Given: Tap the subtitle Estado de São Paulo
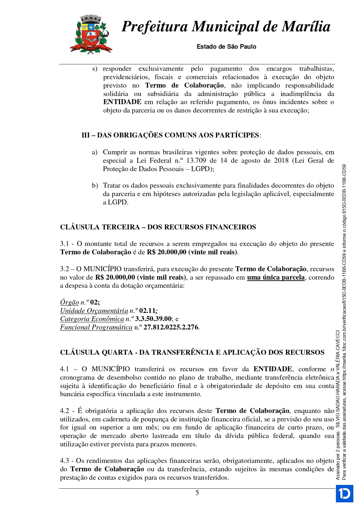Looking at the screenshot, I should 226,47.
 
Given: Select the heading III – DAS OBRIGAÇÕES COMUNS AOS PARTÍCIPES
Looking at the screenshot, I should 171,135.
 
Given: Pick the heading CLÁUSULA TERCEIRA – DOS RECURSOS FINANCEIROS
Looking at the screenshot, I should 158,227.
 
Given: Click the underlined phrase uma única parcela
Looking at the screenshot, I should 276,278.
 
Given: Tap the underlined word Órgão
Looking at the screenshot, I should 69,302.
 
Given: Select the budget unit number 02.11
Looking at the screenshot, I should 147,311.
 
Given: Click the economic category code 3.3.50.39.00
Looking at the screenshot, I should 153,319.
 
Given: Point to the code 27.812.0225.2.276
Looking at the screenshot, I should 171,327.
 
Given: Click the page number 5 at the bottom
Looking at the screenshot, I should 197,493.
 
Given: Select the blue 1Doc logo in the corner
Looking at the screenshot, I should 344,493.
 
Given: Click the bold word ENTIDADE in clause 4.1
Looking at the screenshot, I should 272,369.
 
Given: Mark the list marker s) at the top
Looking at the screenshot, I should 95,69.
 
